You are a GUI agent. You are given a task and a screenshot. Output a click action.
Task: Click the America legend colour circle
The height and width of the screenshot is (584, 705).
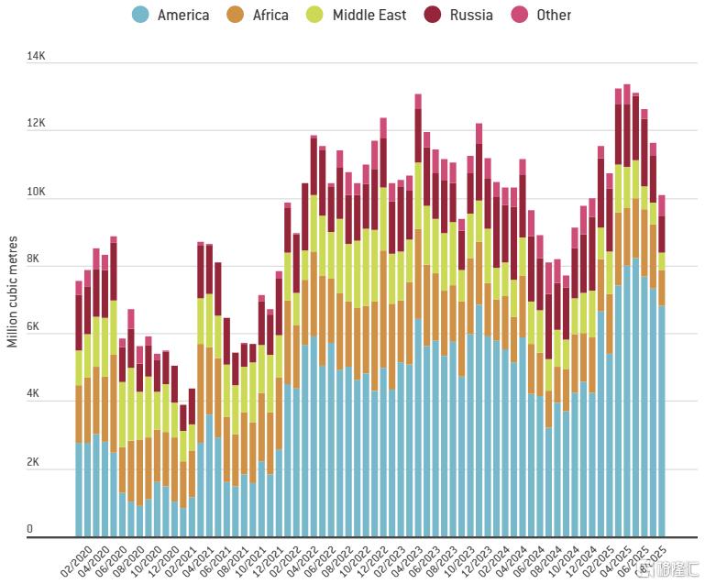(140, 15)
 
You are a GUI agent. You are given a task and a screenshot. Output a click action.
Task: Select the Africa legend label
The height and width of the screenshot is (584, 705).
(270, 15)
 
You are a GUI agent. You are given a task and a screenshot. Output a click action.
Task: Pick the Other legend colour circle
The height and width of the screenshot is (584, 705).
(520, 15)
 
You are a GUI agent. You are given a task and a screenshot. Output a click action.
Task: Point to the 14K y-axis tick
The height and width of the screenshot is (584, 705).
(36, 57)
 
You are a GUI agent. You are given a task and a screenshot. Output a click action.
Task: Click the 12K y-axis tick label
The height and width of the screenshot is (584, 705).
(36, 123)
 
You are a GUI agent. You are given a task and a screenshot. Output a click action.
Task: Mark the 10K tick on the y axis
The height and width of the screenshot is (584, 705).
(36, 192)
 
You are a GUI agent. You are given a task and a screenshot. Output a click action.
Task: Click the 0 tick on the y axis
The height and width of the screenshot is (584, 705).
(30, 529)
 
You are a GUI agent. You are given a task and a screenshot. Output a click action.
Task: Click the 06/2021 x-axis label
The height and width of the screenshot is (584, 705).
(216, 560)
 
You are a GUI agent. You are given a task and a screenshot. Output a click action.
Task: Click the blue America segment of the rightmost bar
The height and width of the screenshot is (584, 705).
(661, 422)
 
